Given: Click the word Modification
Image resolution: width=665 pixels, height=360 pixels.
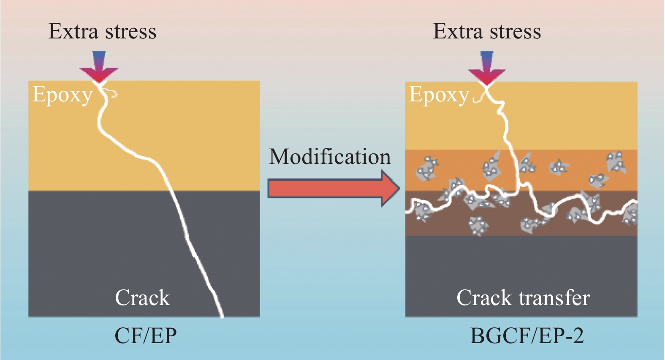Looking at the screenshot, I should tap(330, 157).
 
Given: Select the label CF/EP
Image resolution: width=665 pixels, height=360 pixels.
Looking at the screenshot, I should tap(145, 336).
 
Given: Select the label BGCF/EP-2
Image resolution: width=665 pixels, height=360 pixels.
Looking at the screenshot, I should tap(527, 336).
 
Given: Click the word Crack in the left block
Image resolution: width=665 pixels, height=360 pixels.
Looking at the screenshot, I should tap(142, 298).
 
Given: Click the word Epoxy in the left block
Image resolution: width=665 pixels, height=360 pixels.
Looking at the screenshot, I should tap(62, 95).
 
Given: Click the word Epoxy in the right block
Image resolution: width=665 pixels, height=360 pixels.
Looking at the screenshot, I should tap(439, 95).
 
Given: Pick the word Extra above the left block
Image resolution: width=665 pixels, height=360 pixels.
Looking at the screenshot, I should tap(73, 31).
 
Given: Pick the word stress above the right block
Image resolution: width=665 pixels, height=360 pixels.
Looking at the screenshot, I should tap(514, 31).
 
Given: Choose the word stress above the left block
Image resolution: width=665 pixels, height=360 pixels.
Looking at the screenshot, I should tap(130, 31).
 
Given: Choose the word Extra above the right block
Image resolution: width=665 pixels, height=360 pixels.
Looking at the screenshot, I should tap(458, 31).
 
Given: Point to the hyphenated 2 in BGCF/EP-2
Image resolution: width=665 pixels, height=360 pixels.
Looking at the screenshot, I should tap(578, 336).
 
